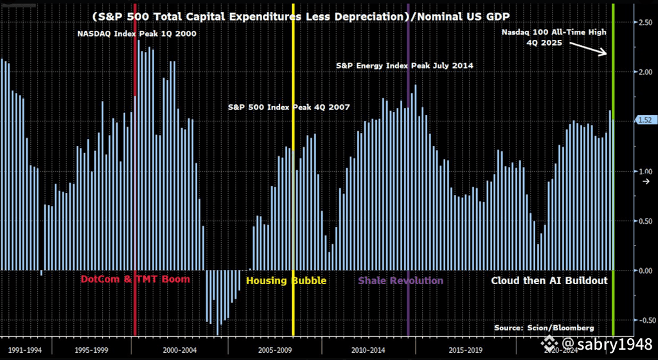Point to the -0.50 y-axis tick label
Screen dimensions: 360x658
pos(643,320)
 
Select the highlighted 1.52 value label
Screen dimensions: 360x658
pos(644,120)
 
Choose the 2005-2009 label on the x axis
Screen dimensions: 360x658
pos(274,350)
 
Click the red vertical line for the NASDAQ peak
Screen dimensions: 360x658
pos(135,193)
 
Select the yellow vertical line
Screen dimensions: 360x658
pos(293,193)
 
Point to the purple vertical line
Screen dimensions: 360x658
pos(408,193)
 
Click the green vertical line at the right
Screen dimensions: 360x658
pos(613,193)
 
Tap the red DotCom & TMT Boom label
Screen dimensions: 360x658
pos(135,280)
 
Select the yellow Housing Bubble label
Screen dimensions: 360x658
pos(286,281)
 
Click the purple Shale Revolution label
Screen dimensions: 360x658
pos(400,281)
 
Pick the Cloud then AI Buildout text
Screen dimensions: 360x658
pos(549,281)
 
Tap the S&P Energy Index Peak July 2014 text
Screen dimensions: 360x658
pos(405,66)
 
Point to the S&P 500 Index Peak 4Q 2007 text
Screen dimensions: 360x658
pos(289,107)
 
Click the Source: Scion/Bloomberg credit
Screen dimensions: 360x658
pos(544,328)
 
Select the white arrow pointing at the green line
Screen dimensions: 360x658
pos(589,47)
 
